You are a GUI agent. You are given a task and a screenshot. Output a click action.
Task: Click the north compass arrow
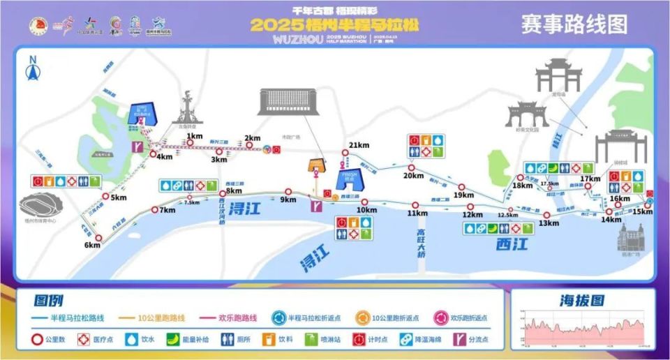31,70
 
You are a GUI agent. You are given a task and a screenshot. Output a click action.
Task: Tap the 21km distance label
358,144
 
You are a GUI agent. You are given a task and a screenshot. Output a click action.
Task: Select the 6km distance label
93,245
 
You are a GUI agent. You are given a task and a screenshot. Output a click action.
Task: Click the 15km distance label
642,211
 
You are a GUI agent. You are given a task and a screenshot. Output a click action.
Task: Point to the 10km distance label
366,210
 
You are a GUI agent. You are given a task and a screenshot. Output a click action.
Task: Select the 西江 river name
513,244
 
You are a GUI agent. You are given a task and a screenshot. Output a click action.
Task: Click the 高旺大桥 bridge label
421,243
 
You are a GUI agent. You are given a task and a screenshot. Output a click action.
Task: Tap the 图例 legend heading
49,301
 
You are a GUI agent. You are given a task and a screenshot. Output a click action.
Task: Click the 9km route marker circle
288,191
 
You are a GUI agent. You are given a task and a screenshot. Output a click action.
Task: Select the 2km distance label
252,138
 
